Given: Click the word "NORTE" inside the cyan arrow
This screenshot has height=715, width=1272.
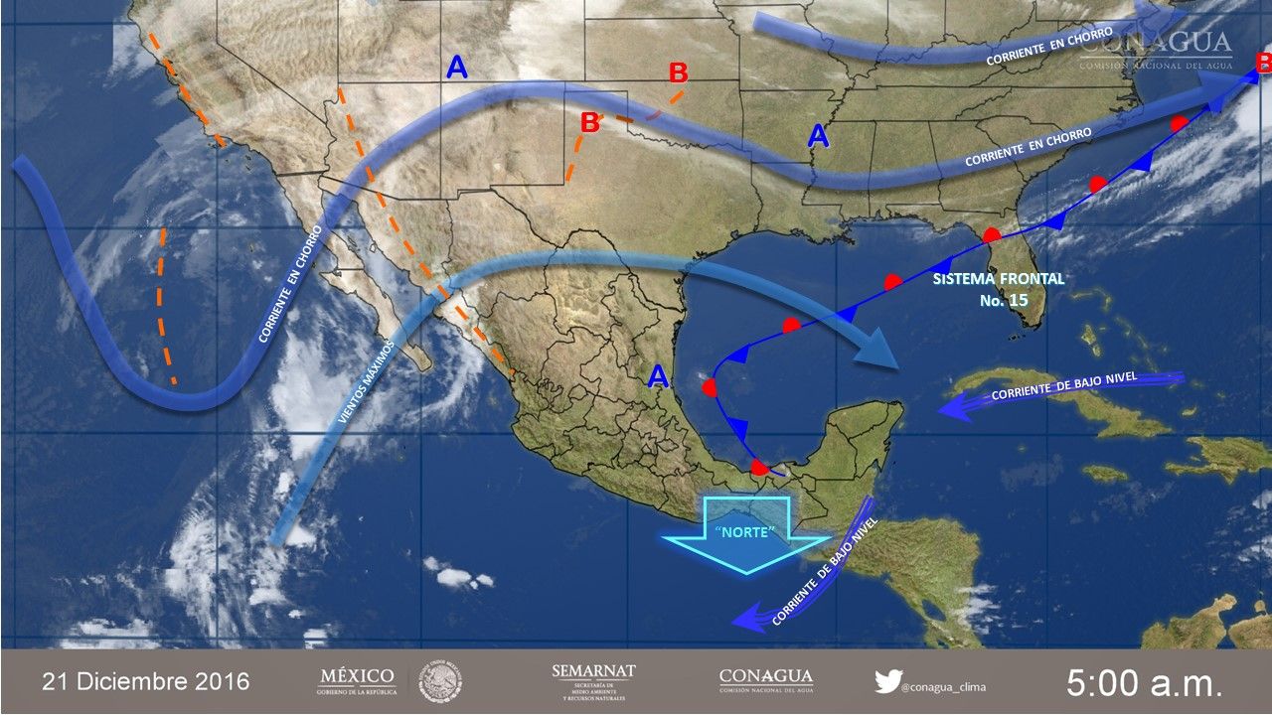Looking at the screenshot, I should click(744, 533).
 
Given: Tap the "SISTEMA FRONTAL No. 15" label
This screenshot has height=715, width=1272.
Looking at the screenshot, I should click(998, 289).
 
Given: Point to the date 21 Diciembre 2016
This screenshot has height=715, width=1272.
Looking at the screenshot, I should click(145, 682).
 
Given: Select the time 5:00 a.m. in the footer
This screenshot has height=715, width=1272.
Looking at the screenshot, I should click(1145, 682).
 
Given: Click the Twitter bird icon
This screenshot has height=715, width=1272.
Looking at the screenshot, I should click(886, 681).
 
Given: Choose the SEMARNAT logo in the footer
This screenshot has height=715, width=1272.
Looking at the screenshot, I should click(593, 682).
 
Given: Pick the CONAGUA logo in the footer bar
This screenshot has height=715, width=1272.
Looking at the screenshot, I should click(765, 680).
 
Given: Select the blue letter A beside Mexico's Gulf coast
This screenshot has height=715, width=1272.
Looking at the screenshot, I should click(657, 376).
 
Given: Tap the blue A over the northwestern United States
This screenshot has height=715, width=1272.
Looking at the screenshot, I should click(456, 68).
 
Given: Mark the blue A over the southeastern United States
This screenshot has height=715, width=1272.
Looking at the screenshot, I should click(818, 136).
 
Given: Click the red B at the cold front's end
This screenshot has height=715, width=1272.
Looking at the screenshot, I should click(1262, 65).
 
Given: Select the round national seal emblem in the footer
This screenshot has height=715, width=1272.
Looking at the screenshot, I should click(441, 682).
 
